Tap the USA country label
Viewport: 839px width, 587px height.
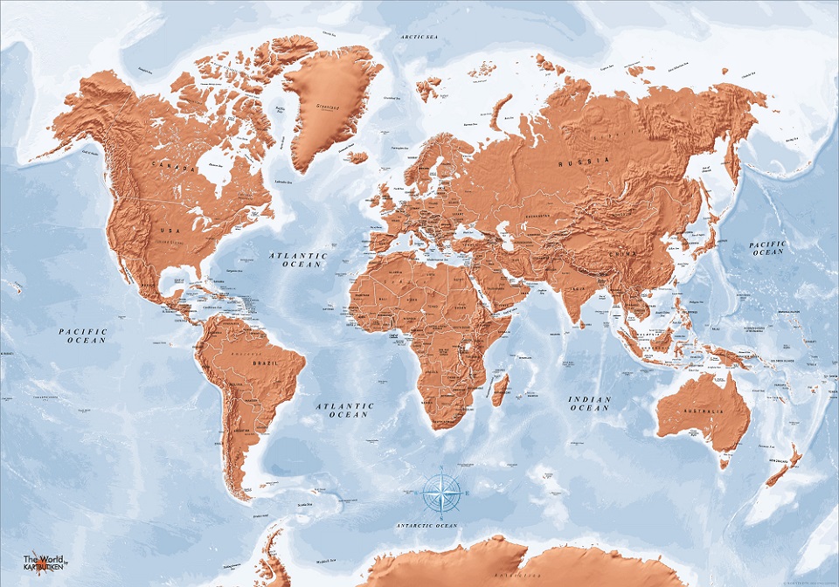point(170,229)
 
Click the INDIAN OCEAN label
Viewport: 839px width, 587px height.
point(589,404)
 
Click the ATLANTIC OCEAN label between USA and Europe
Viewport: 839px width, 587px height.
point(297,259)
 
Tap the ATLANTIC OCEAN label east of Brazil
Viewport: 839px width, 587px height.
point(344,410)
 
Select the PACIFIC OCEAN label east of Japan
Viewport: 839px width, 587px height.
point(767,248)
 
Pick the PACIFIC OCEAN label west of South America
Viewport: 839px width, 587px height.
point(82,335)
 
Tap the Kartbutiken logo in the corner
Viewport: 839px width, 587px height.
point(44,562)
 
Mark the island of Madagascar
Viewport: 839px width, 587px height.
point(500,390)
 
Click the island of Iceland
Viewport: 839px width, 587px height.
point(357,158)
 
